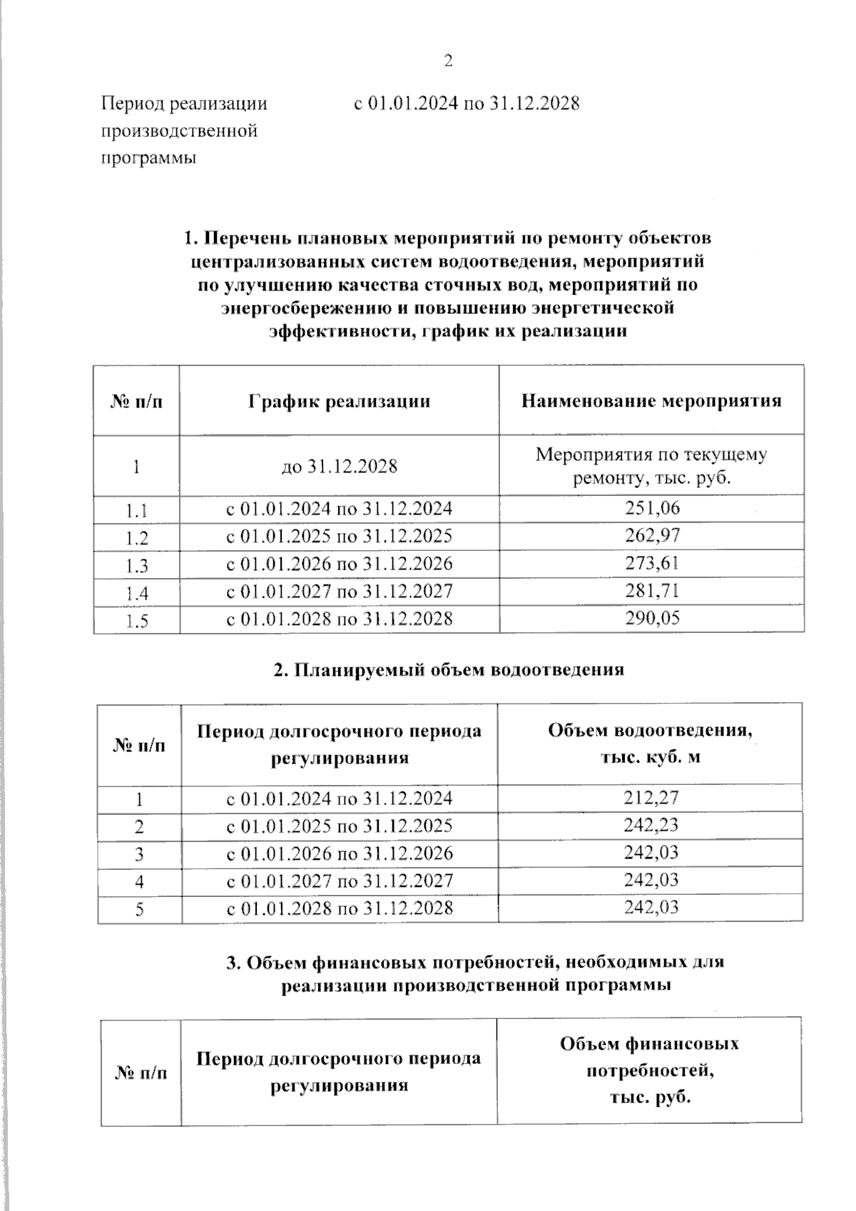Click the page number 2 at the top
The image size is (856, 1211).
click(x=448, y=61)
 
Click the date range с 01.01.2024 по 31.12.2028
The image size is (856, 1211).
click(x=467, y=103)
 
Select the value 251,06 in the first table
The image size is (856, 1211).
click(x=651, y=508)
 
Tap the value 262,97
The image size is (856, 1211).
click(x=651, y=535)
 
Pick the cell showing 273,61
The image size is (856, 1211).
click(x=651, y=563)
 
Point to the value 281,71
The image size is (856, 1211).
click(x=651, y=590)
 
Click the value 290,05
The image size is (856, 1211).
click(x=651, y=617)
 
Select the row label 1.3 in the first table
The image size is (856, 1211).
click(x=136, y=566)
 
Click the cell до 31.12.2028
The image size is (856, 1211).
click(x=339, y=467)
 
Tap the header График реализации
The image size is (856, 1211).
click(x=339, y=400)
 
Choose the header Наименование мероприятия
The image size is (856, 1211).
click(x=651, y=400)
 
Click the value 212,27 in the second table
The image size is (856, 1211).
click(x=651, y=798)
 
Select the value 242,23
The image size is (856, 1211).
click(x=651, y=825)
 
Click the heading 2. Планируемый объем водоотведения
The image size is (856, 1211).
click(x=449, y=669)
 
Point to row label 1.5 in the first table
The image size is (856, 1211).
click(x=136, y=621)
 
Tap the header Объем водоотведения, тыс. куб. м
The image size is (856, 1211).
click(x=650, y=744)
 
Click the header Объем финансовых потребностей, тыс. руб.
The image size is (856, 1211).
click(x=649, y=1071)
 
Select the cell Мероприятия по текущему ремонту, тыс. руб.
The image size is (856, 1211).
click(x=651, y=466)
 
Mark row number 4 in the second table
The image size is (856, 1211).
click(x=139, y=881)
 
